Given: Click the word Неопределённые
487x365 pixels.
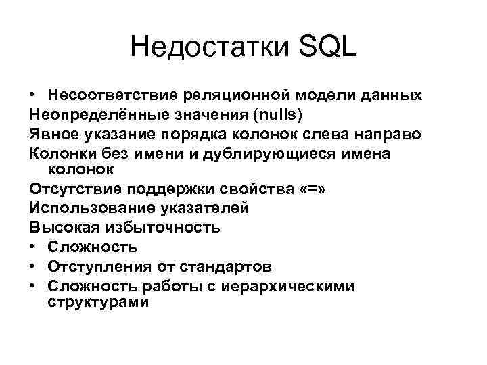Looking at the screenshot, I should click(86, 114).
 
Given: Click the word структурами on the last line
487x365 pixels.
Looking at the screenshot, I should click(98, 302).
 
